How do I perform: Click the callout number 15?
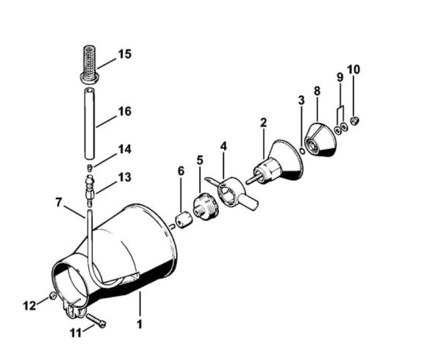(x=125, y=54)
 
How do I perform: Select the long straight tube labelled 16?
(x=89, y=124)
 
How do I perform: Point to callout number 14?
(x=125, y=149)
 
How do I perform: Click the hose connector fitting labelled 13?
(x=90, y=189)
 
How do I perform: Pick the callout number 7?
(x=58, y=202)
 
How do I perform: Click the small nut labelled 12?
(x=52, y=296)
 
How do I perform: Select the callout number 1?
(x=140, y=324)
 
